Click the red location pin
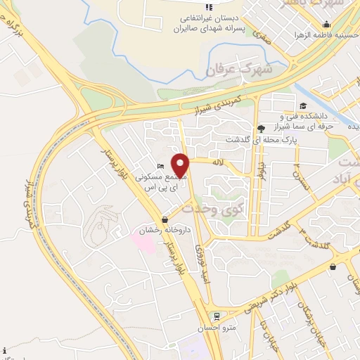pyautogui.click(x=181, y=166)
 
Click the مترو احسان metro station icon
pyautogui.click(x=217, y=316)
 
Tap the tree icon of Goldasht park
pyautogui.click(x=262, y=128)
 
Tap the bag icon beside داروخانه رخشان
pyautogui.click(x=164, y=219)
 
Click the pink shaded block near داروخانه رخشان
pyautogui.click(x=143, y=243)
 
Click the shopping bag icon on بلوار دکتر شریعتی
pyautogui.click(x=333, y=266)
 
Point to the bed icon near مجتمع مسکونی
pyautogui.click(x=160, y=166)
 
